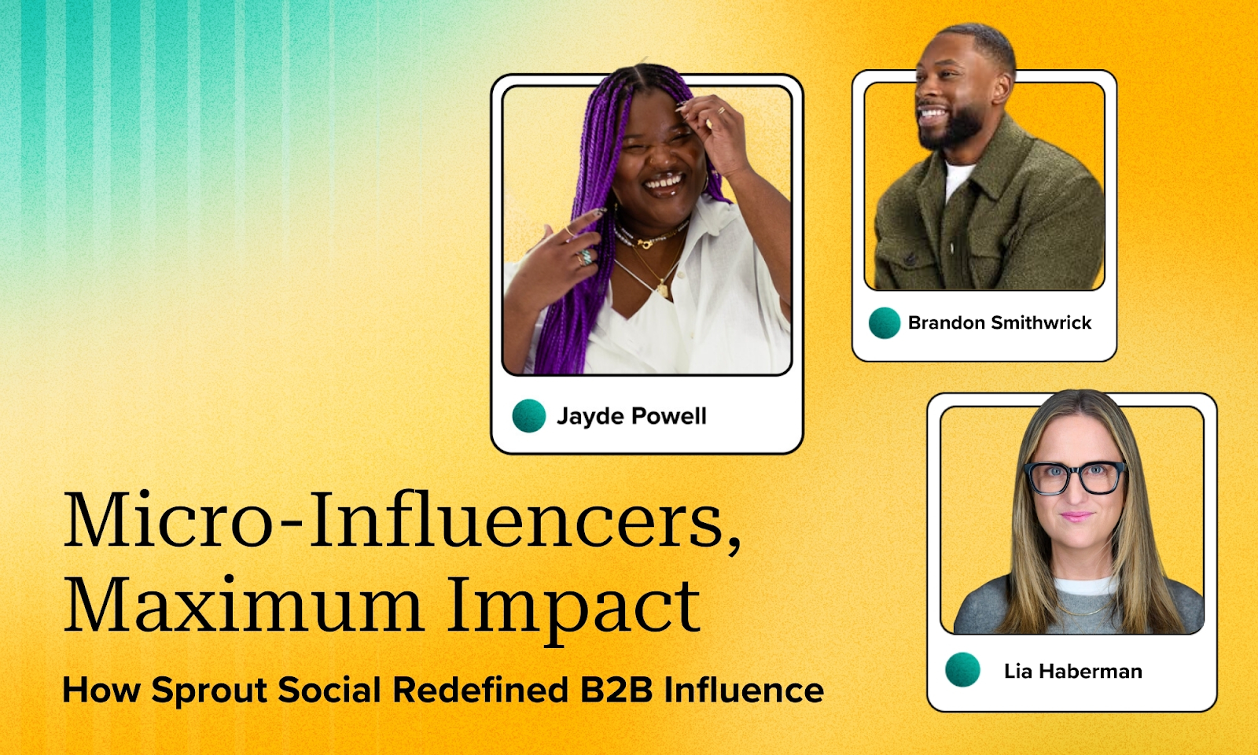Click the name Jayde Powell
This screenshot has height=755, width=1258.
[x=631, y=417]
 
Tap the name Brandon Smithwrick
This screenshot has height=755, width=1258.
[x=999, y=323]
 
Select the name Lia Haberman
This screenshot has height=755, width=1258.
[x=1072, y=672]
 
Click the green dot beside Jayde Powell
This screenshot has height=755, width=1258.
[x=529, y=416]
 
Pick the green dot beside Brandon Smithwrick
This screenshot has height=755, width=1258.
[x=885, y=323]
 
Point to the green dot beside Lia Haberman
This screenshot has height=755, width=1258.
[x=962, y=669]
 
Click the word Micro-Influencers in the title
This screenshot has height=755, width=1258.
[x=402, y=520]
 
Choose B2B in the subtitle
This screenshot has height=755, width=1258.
[x=616, y=690]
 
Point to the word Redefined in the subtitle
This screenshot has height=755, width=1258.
[x=480, y=690]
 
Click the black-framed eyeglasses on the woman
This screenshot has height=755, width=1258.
[x=1074, y=477]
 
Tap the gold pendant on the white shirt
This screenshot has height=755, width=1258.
[x=664, y=289]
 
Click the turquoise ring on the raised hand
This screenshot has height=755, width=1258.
[x=587, y=256]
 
